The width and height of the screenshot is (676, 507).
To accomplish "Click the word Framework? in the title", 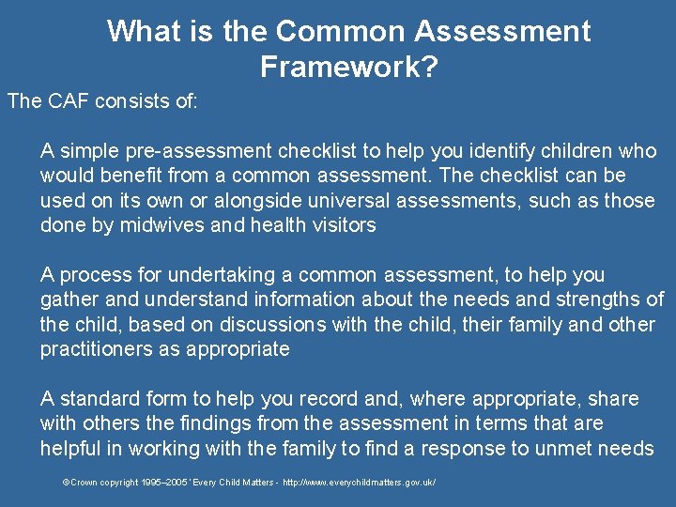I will click(349, 68).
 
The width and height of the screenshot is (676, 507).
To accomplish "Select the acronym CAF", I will click(64, 101).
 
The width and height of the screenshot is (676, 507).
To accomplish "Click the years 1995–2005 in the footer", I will click(159, 482).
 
